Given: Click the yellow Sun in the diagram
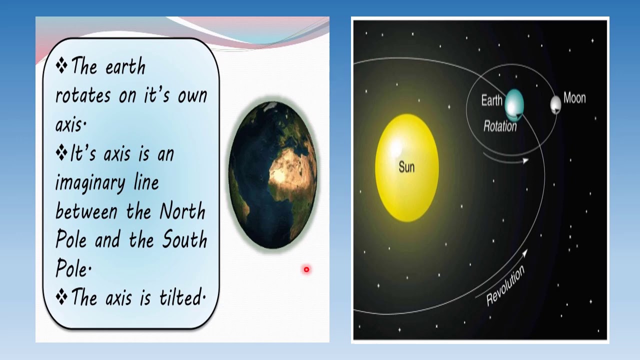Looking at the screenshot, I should [x=406, y=168].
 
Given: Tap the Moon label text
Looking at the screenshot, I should [x=574, y=98].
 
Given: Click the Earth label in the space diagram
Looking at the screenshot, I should [x=491, y=100].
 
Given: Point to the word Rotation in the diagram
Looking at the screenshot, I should [x=499, y=126].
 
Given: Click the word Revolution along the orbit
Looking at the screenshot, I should [x=505, y=285].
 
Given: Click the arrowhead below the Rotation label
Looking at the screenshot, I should [x=525, y=160].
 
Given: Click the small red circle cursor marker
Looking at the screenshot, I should [x=306, y=270].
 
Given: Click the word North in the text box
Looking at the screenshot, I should [x=182, y=212].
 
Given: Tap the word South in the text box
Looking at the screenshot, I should [x=184, y=240].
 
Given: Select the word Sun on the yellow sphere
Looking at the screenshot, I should [x=406, y=167].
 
